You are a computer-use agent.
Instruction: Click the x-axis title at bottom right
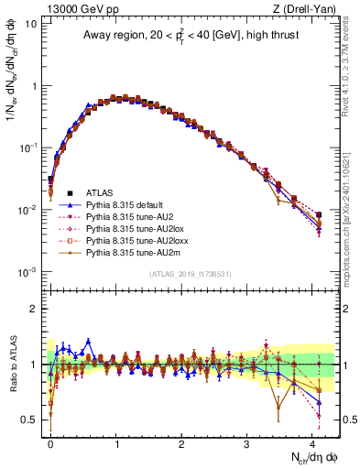[x=313, y=455]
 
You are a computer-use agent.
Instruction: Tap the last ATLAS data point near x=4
[x=318, y=215]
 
